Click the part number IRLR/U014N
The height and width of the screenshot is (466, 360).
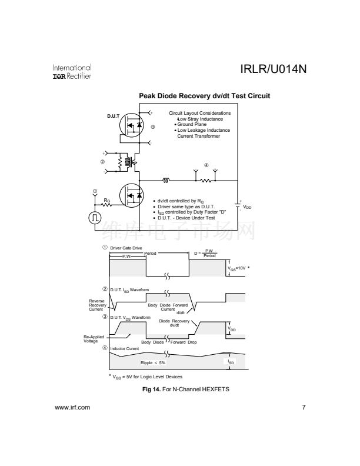coord(274,70)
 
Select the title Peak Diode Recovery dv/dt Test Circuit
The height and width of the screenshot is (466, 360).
coord(204,96)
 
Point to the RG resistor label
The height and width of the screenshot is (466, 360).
coord(106,201)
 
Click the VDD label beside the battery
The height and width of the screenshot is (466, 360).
coord(248,207)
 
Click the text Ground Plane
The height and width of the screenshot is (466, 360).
coord(191,125)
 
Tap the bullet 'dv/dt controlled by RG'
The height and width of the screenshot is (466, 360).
coord(182,201)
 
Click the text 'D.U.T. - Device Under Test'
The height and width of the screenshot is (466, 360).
coord(186,218)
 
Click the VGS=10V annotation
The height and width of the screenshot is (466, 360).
coord(239,268)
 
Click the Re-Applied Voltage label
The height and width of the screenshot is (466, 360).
coord(91,339)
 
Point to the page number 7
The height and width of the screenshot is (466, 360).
coord(304,407)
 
